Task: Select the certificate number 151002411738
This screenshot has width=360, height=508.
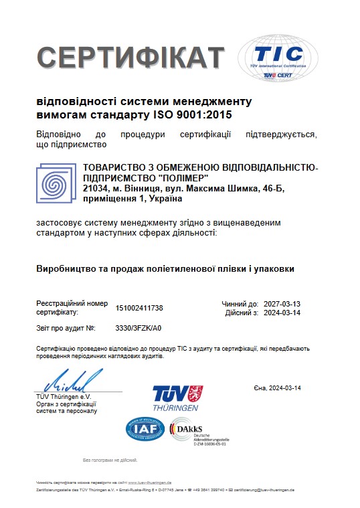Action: [x=139, y=308]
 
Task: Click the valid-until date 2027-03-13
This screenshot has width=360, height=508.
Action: [x=282, y=304]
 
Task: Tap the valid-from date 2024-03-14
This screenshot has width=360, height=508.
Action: [x=282, y=313]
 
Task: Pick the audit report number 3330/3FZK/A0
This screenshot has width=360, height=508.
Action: [x=139, y=328]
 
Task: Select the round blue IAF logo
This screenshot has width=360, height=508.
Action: [x=145, y=429]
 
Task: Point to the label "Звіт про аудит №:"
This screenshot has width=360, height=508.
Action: [x=66, y=328]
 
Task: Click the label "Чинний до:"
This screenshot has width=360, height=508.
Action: [x=240, y=304]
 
